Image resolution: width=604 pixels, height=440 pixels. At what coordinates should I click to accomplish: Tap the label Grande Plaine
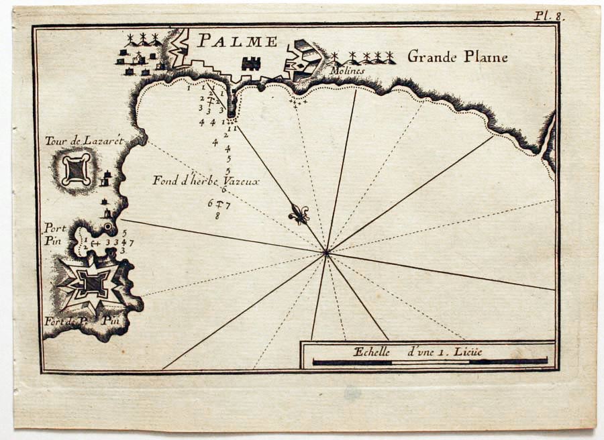(457, 57)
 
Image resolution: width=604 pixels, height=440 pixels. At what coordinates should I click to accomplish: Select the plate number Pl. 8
(548, 15)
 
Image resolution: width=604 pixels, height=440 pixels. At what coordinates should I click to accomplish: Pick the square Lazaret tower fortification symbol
(76, 169)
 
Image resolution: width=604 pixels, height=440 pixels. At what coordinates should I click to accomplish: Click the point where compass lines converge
(327, 252)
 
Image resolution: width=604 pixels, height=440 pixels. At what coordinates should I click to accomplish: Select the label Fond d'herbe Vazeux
(205, 180)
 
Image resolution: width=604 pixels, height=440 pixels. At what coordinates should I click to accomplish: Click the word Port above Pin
(55, 228)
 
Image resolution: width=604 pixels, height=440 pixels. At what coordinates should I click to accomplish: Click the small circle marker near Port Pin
(108, 227)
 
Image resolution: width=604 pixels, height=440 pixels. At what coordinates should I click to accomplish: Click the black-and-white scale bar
(430, 362)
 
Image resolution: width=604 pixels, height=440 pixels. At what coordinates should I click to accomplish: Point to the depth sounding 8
(217, 215)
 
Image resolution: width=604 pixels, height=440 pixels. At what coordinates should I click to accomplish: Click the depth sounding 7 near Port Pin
(132, 242)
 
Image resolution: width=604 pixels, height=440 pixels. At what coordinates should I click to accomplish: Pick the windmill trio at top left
(142, 38)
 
